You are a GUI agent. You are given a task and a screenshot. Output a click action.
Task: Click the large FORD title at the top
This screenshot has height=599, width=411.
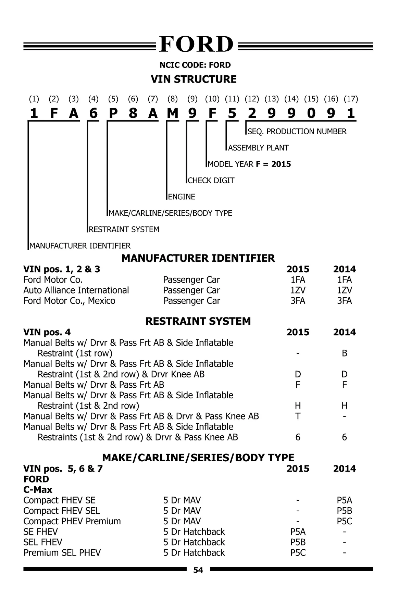coord(197,45)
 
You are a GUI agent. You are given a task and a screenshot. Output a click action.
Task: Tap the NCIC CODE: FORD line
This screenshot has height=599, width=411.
coord(195,65)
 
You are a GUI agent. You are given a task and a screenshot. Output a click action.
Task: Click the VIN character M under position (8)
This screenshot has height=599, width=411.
coord(173,113)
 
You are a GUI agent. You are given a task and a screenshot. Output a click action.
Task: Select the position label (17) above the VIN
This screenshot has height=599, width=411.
coord(351,99)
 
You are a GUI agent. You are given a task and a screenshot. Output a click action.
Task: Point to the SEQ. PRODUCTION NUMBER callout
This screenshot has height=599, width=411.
coord(297,132)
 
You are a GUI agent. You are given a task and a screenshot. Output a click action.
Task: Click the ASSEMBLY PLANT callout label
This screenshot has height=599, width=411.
coord(258,148)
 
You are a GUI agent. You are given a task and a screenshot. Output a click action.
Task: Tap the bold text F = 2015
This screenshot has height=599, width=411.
coord(273,164)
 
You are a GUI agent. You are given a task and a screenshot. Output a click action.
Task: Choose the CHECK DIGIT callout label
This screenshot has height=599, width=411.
coord(211,180)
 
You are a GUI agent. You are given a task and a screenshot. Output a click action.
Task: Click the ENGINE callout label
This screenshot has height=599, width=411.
coord(182,197)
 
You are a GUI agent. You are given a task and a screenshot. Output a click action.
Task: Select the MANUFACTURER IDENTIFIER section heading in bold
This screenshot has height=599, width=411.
coord(198,258)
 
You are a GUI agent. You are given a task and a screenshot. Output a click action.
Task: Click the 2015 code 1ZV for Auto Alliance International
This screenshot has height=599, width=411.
coord(298,290)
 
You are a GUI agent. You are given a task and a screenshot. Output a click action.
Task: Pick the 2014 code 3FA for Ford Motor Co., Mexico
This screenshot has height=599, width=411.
coord(344,301)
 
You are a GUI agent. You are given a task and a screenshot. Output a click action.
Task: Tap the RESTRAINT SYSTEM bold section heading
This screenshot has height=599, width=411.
coord(198,321)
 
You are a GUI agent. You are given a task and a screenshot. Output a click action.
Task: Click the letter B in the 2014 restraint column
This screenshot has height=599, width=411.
coord(345,353)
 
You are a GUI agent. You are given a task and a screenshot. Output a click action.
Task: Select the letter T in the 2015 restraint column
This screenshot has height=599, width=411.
coord(298,416)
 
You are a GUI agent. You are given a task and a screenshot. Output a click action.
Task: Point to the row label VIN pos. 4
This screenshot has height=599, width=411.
coord(47,332)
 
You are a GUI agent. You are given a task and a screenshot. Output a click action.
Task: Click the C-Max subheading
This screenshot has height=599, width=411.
coord(38,490)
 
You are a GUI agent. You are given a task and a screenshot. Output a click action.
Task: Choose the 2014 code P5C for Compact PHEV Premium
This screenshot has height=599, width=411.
coord(344,521)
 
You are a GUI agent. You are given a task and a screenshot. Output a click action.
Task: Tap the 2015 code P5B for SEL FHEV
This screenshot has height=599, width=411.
coord(298,542)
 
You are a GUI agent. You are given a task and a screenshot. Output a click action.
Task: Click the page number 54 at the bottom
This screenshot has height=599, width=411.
coord(198,570)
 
